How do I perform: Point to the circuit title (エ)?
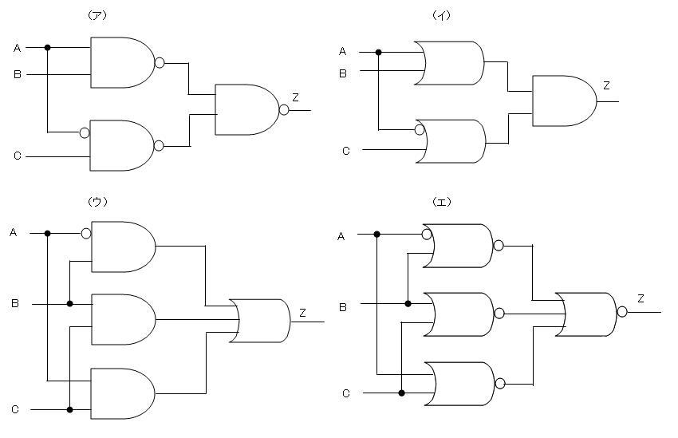441,201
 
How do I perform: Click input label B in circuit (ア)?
17,75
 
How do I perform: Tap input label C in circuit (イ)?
345,150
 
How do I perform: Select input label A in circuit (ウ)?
14,233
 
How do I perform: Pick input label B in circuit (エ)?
342,306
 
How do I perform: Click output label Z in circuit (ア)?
295,97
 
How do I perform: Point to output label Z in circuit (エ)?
641,298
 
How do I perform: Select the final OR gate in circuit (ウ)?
260,321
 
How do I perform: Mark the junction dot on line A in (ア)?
48,48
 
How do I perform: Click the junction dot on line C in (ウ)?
70,409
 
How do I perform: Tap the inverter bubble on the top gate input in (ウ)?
86,234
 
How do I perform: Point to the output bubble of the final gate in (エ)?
622,312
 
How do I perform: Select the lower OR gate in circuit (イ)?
451,141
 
